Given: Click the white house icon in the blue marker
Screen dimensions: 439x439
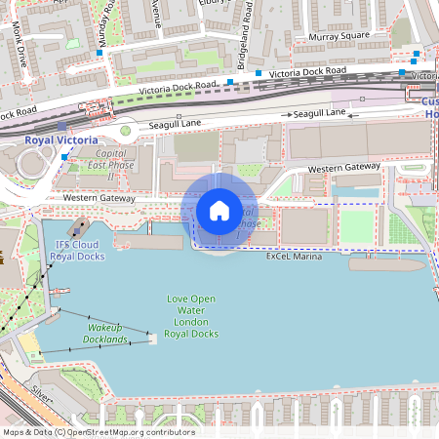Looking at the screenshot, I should click(219, 211).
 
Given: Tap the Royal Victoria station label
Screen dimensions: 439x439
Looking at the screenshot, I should click(61, 140).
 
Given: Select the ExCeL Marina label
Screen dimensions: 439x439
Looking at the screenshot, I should click(294, 257).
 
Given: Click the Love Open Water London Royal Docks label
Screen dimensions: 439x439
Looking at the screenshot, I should click(190, 316).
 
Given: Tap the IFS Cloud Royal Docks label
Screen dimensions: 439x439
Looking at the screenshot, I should click(79, 251).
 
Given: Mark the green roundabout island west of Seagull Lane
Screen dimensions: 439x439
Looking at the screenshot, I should click(125, 130).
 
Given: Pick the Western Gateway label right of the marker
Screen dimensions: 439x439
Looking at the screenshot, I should click(343, 169).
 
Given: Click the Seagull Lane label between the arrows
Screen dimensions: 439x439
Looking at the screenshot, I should click(320, 113).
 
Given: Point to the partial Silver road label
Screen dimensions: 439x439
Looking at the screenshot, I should click(41, 393).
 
